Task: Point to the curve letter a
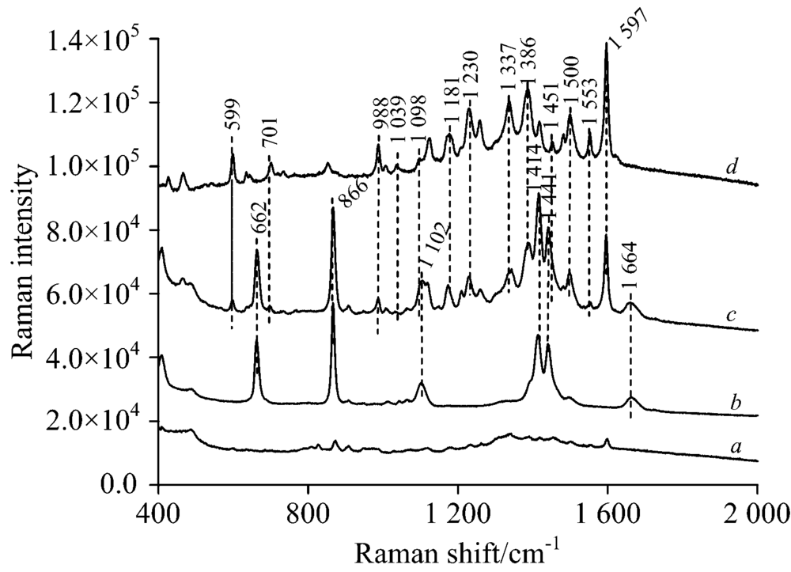[735, 448]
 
